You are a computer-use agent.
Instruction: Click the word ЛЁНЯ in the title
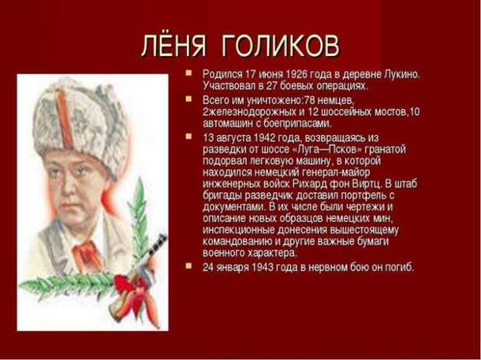pos(173,46)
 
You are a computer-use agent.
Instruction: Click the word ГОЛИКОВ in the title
pos(280,46)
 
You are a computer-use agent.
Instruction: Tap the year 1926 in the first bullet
pos(296,74)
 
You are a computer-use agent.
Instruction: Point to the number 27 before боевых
pos(272,85)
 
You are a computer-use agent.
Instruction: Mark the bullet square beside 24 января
pos(189,265)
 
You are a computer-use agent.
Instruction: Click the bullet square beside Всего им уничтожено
pos(189,99)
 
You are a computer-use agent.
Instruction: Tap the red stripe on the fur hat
pos(64,119)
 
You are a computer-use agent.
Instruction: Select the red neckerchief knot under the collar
pos(88,254)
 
